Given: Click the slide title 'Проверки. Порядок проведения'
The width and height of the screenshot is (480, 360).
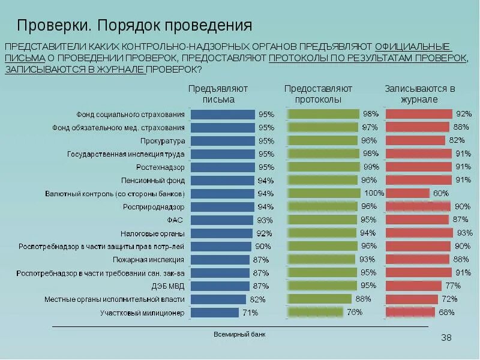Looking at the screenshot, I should tap(134, 26).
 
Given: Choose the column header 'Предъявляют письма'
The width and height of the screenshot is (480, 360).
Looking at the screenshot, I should tap(218, 94).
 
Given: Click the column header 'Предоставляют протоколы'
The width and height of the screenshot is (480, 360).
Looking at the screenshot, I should tap(318, 94).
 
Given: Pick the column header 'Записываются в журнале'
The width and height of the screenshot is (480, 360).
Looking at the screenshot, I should tap(419, 94).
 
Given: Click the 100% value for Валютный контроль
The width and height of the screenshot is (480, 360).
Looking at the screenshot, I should tap(374, 193).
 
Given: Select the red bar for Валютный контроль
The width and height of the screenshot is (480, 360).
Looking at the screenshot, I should tap(407, 193).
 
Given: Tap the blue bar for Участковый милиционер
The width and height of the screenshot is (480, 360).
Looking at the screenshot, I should tap(214, 313).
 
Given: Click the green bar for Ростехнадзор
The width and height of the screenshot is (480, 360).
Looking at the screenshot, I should tap(325, 167).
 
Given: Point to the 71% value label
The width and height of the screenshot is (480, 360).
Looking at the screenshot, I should tap(250, 313).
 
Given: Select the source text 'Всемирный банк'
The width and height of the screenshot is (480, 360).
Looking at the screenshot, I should tap(239, 334).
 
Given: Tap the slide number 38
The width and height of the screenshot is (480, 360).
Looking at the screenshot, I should tap(446, 338).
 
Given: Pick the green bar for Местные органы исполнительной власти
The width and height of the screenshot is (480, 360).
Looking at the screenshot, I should tap(320, 299).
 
